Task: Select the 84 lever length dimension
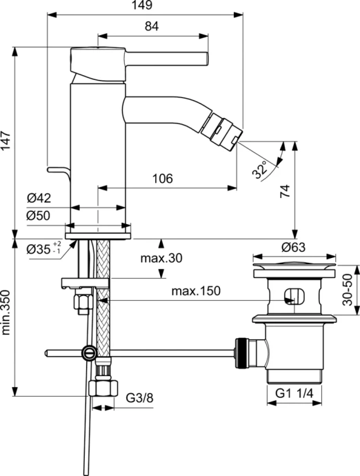pyautogui.click(x=152, y=27)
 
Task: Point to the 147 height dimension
pyautogui.click(x=8, y=141)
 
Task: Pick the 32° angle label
pyautogui.click(x=259, y=170)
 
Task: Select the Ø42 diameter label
pyautogui.click(x=39, y=199)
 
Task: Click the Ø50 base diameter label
pyautogui.click(x=39, y=215)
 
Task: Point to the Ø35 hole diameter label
pyautogui.click(x=44, y=249)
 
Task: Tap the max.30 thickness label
pyautogui.click(x=161, y=259)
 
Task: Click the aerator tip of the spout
pyautogui.click(x=225, y=128)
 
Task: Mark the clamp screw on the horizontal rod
pyautogui.click(x=89, y=353)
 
